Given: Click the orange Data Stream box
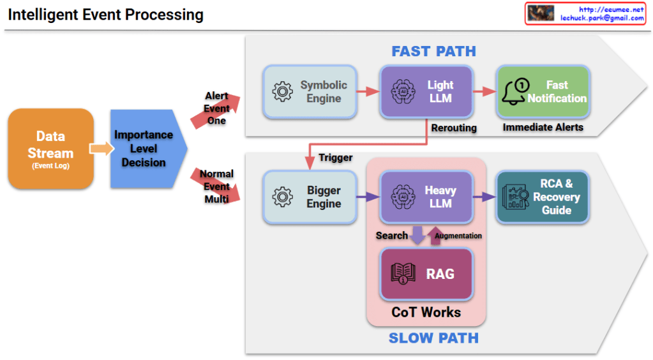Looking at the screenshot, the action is click(51, 149).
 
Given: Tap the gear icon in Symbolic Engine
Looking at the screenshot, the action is click(282, 91).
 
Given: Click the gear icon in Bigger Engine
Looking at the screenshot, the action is click(282, 197).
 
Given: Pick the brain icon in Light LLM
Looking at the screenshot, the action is click(403, 91).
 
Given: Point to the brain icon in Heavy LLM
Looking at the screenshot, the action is click(403, 197).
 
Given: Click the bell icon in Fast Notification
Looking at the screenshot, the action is click(515, 92).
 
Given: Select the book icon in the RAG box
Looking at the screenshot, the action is click(403, 274).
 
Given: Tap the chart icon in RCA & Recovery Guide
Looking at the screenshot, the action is click(515, 197).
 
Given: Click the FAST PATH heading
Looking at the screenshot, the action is click(433, 51).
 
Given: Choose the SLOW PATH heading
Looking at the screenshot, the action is click(433, 338).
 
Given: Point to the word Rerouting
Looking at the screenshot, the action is click(454, 128).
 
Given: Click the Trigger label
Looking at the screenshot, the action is click(336, 158).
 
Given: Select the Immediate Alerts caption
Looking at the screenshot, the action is click(543, 127).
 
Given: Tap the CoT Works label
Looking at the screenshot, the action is click(426, 312).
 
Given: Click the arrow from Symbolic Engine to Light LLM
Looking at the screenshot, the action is click(368, 91).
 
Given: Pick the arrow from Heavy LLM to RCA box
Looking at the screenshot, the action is click(484, 197).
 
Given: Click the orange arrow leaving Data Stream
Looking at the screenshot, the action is click(101, 149).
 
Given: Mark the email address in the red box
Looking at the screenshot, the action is click(602, 18).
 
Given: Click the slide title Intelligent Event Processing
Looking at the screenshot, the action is click(106, 15).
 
